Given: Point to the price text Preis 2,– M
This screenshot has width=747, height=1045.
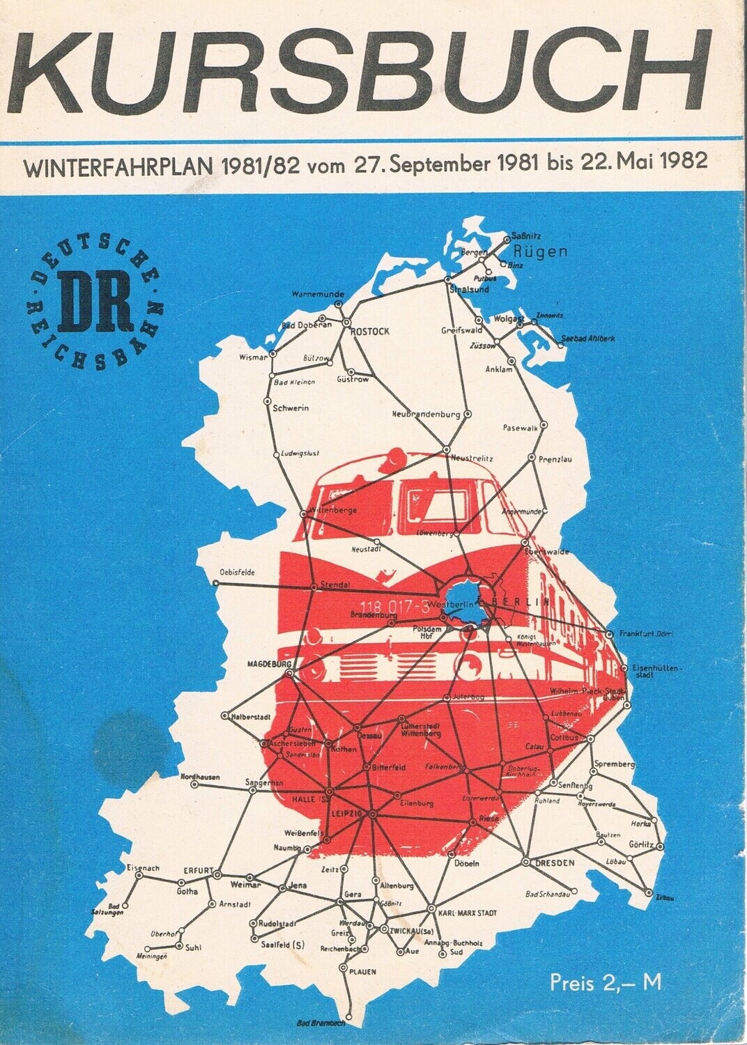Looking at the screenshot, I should [605, 983].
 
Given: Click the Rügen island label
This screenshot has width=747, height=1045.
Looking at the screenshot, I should [539, 251].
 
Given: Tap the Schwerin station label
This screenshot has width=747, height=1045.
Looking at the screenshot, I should [291, 408].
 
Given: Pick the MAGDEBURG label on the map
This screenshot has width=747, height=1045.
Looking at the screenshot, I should [268, 664].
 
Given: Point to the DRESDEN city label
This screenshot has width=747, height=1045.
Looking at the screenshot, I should [555, 863].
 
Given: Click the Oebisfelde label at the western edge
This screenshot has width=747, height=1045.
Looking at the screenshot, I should [236, 573].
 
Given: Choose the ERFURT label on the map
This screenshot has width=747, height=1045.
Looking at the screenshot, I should [197, 870].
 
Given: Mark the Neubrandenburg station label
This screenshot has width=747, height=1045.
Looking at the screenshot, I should [426, 415].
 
